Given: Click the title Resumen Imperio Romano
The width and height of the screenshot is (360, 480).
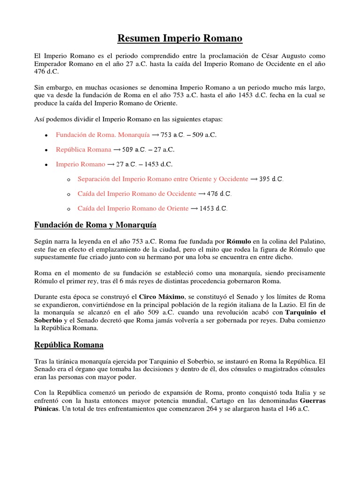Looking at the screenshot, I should coord(180,38).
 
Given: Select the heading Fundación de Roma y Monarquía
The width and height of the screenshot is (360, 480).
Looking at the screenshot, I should coord(95,225).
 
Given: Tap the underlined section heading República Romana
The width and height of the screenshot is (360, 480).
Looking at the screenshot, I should coord(69,345).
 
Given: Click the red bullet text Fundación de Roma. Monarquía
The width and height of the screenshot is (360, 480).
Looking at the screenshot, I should coord(103,135).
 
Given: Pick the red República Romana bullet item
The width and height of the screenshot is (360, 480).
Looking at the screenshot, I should coord(83,150).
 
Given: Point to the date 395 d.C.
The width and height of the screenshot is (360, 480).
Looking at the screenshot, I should coord(271,179).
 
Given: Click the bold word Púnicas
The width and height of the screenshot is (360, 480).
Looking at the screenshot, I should coord(46,409).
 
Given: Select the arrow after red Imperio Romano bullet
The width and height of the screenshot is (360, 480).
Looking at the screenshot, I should coord(112,165).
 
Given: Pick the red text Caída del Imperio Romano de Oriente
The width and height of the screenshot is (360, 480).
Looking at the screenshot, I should coord(133,208).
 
